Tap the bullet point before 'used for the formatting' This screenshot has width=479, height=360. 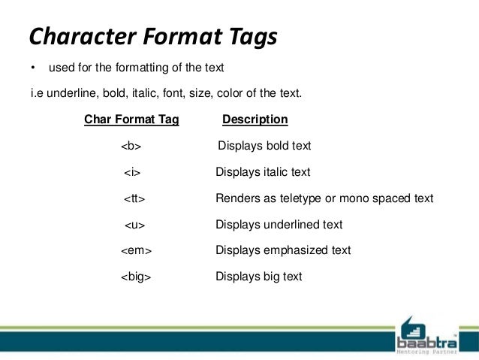[32, 68]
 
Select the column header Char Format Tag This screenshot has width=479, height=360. [131, 119]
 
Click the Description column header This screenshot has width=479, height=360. [255, 119]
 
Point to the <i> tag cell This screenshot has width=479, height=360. [132, 172]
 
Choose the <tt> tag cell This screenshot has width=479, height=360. [134, 198]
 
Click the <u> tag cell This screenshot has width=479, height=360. [134, 225]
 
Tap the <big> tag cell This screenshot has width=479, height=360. [136, 277]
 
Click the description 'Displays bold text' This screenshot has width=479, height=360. [264, 146]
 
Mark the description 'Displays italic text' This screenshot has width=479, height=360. [263, 172]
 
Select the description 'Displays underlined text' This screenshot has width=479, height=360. [279, 225]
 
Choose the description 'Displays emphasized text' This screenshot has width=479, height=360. [283, 250]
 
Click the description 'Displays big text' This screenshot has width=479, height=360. [258, 277]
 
